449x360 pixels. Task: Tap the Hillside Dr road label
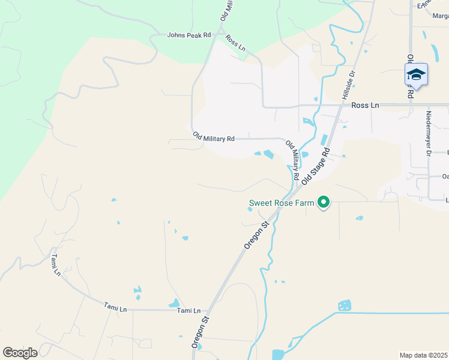[348, 85]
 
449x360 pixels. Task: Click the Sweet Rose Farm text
[282, 203]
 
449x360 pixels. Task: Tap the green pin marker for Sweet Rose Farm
[324, 203]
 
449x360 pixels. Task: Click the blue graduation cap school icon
[415, 75]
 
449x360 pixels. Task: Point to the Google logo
[20, 353]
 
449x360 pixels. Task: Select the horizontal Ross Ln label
[365, 105]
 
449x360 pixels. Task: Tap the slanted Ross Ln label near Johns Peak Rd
[235, 42]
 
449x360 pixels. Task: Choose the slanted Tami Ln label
[56, 265]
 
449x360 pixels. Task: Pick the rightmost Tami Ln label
[188, 310]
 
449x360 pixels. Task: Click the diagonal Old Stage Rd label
[316, 167]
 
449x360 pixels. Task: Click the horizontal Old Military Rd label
[214, 138]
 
